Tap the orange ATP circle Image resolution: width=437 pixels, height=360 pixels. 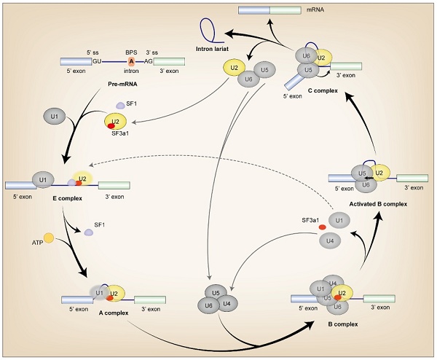coord(49,238)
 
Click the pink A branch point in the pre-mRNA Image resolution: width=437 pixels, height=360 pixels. coord(131,63)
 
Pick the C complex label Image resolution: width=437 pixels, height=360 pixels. coord(321,90)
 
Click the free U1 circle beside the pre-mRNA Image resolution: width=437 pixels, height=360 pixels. coord(53,116)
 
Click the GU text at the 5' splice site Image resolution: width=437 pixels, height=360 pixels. coord(97,63)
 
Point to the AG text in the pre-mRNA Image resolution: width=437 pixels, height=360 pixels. coord(149,63)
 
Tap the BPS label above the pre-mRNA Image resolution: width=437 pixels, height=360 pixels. coord(131,52)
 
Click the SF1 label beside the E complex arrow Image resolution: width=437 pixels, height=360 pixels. coord(98,225)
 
